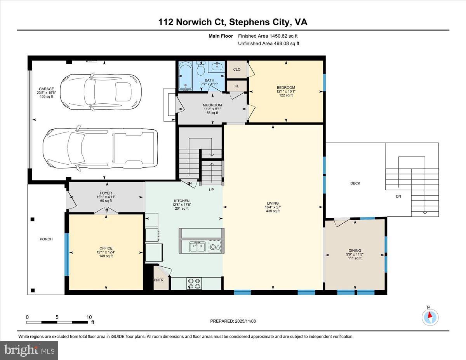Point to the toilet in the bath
point(201,69)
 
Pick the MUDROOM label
point(212,105)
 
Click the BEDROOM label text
point(285,88)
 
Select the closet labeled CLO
point(236,70)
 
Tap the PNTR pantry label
point(158,280)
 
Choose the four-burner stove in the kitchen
point(194,284)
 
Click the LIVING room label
point(272,203)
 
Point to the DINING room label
point(355,250)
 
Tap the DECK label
point(355,183)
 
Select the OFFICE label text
point(106,248)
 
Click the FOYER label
point(106,193)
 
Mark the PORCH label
point(46,239)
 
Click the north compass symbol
point(430,317)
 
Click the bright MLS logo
point(29,350)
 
